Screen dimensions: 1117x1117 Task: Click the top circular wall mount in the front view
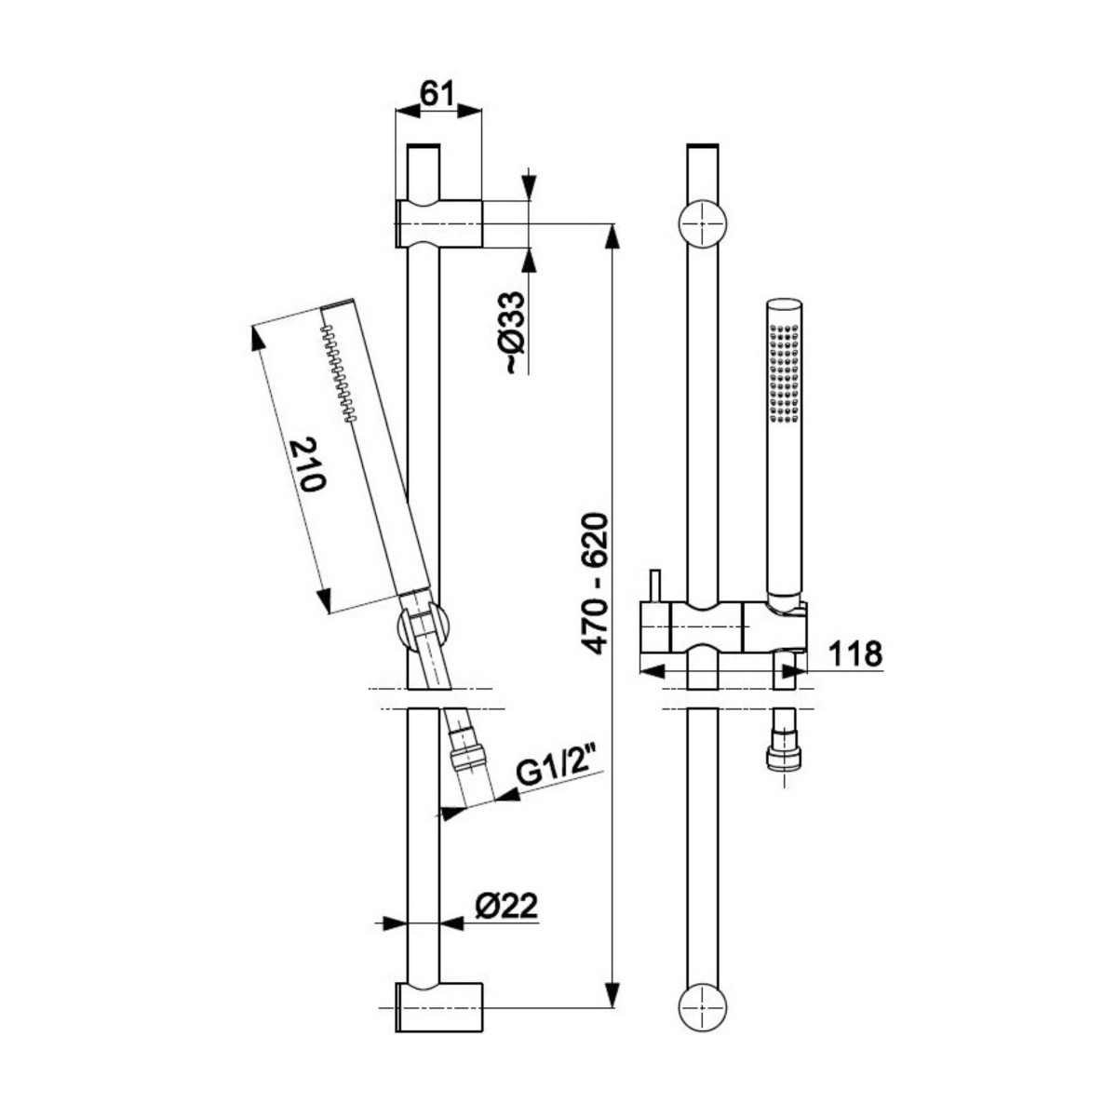703,224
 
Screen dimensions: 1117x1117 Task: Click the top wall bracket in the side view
438,223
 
